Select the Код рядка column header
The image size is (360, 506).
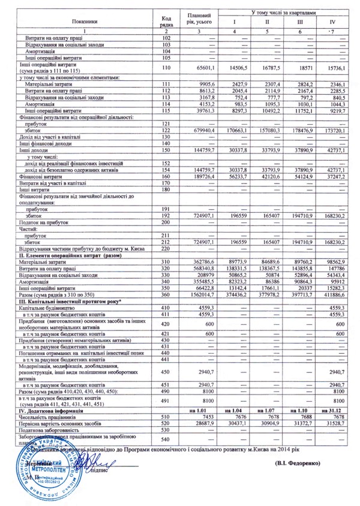click(167, 22)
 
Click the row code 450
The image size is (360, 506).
click(166, 371)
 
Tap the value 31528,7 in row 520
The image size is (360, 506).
click(334, 423)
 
